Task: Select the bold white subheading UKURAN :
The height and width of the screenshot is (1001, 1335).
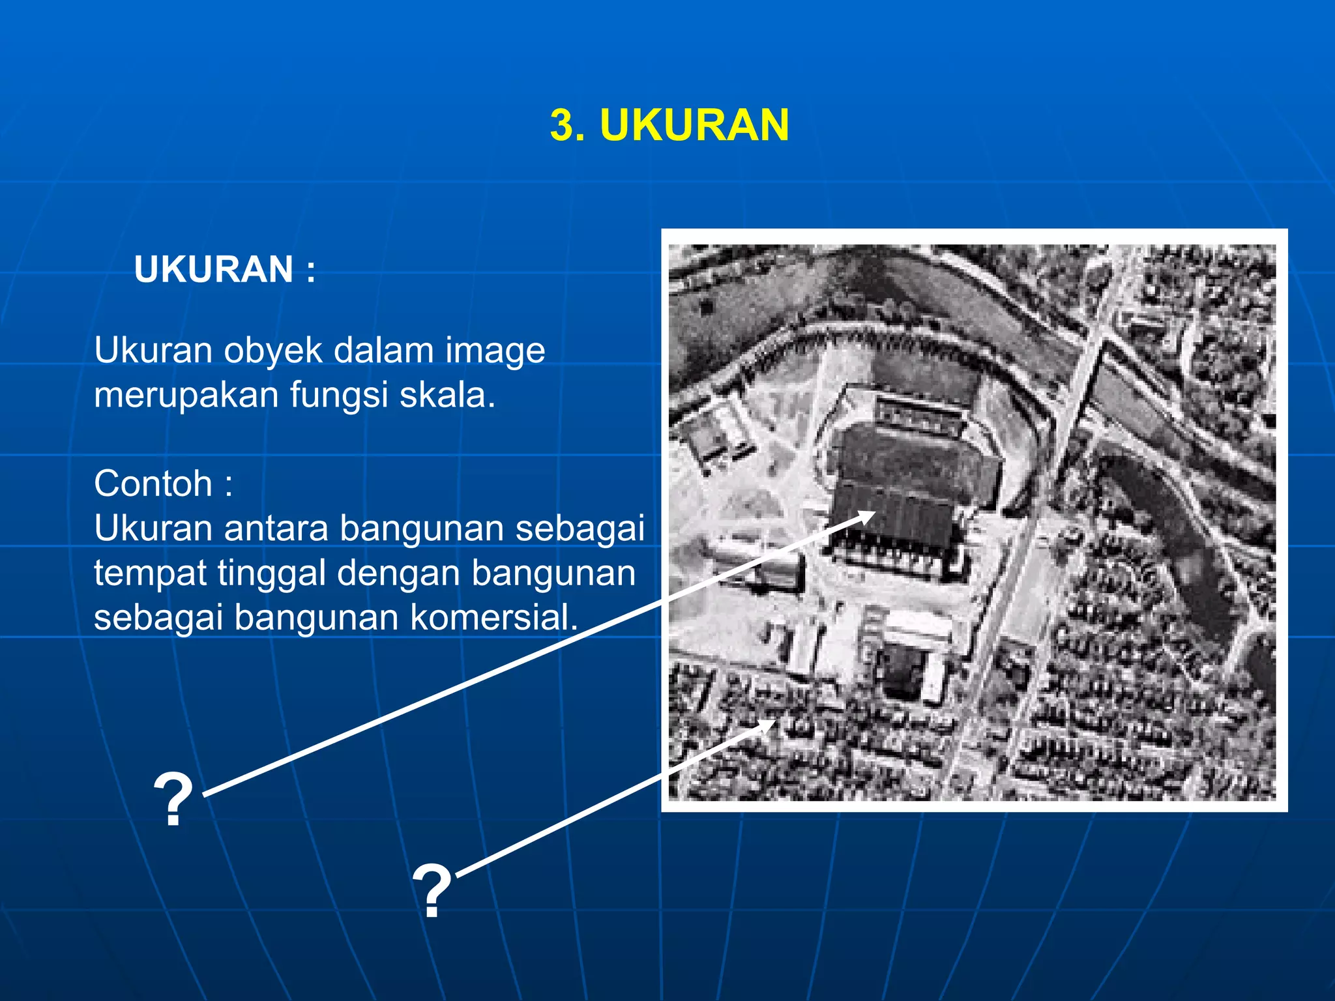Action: coord(225,269)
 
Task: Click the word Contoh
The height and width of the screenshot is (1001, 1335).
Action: coord(153,484)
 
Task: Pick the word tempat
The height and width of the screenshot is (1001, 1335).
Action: coord(149,573)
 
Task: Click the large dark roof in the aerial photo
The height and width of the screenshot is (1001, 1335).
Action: coord(913,469)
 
